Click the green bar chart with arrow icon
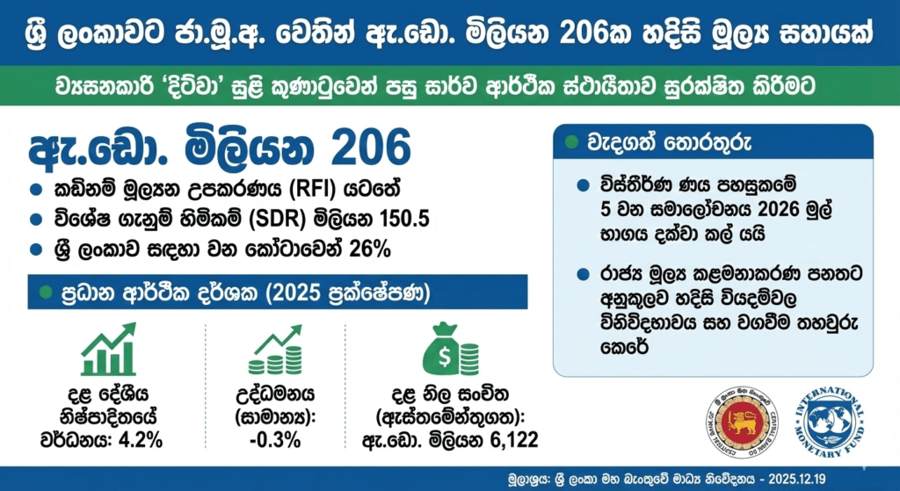108,350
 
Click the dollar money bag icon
449,348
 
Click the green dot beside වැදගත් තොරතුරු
571,141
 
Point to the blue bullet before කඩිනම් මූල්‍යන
36,191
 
